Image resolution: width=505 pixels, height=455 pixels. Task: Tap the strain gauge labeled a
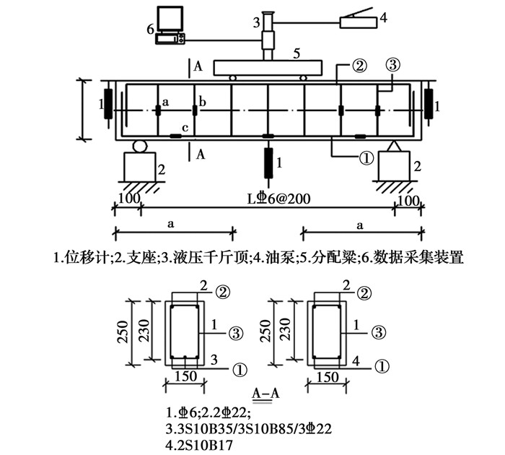158,111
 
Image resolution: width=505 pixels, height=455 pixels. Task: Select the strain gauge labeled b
194,111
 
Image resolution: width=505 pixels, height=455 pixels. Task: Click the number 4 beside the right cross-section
356,359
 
